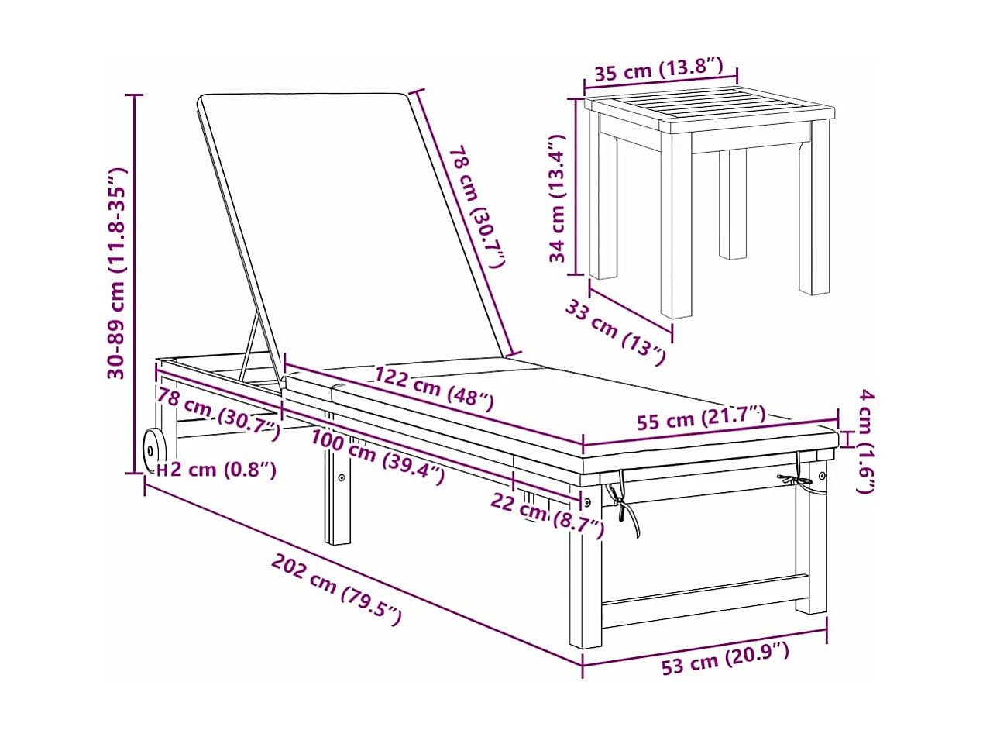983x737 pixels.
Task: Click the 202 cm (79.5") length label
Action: [337, 588]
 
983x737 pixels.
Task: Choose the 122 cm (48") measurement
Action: [434, 387]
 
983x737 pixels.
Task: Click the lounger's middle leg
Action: [337, 504]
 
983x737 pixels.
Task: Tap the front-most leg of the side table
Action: [675, 232]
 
